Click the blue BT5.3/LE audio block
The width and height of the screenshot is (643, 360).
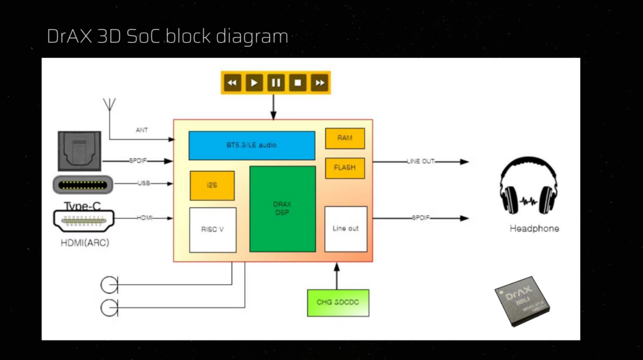point(251,145)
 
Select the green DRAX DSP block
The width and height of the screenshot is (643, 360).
point(282,209)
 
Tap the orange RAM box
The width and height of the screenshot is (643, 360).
point(345,138)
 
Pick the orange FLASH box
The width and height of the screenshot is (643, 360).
point(345,168)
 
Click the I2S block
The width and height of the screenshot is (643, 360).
point(212,185)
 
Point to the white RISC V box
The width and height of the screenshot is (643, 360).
point(212,229)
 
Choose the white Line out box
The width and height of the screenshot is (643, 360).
point(345,229)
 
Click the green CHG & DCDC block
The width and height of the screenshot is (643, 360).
point(338,303)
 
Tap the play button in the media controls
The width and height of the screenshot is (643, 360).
point(254,82)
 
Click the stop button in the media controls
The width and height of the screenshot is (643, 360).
point(298,82)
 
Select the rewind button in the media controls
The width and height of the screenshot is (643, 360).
point(232,82)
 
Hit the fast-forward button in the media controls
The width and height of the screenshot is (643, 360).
point(320,82)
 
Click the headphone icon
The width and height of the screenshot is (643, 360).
point(528,187)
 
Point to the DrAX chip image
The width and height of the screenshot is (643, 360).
point(522,301)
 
